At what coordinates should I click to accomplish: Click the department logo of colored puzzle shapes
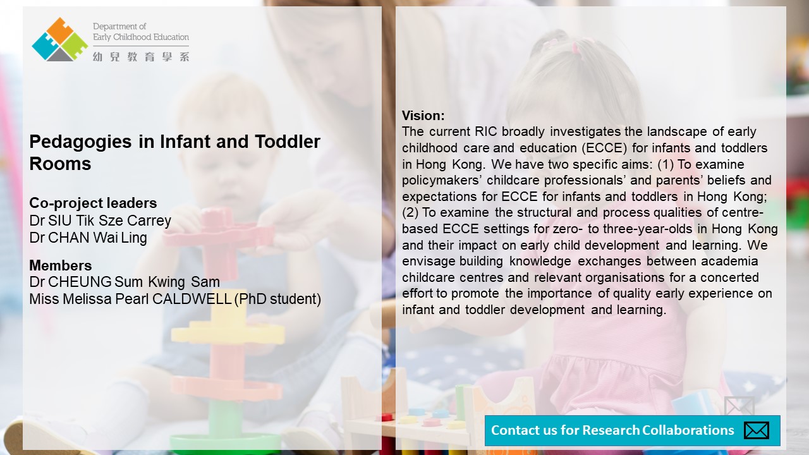(59, 39)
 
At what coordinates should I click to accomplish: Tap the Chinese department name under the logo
(141, 57)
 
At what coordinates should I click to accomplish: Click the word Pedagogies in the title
(80, 142)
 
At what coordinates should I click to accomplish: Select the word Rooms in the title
(60, 164)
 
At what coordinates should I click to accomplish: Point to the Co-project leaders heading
(93, 203)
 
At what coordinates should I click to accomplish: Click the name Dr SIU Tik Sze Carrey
(100, 221)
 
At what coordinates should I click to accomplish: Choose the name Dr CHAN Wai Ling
(88, 238)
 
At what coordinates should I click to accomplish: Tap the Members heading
(60, 265)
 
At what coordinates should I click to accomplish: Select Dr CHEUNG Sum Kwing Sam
(125, 282)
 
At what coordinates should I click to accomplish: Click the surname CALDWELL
(192, 299)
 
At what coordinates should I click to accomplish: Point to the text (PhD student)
(277, 299)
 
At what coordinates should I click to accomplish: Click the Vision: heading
(423, 116)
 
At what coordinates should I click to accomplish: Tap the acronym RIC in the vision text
(486, 131)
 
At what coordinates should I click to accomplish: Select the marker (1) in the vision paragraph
(666, 164)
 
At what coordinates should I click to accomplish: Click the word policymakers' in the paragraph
(442, 181)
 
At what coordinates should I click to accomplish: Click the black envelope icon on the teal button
(757, 430)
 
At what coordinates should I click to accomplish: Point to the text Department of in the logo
(119, 27)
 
